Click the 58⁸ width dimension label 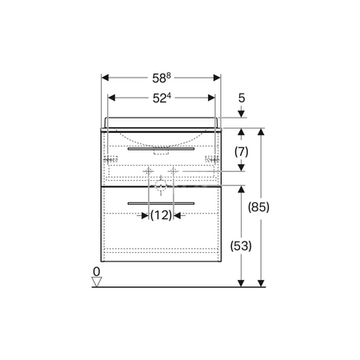click(162, 78)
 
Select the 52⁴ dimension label click(162, 98)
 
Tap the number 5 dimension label click(242, 98)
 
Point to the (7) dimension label click(242, 152)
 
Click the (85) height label click(258, 207)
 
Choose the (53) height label click(241, 246)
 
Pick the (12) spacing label click(161, 215)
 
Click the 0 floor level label click(96, 272)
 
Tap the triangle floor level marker click(97, 281)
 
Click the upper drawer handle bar click(161, 149)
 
